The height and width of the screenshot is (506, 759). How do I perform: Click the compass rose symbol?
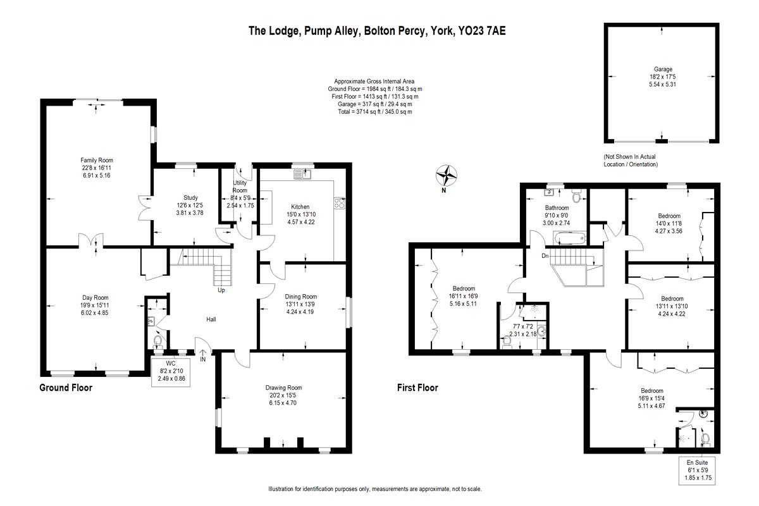click(x=447, y=176)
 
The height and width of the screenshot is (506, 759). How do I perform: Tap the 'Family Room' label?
click(x=97, y=160)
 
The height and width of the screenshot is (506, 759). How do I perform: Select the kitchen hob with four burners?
click(x=340, y=203)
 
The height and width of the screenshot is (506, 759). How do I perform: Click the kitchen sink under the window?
click(x=302, y=175)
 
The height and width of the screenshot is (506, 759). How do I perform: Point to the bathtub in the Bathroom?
click(x=570, y=238)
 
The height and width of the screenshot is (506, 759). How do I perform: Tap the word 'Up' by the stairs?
click(x=221, y=290)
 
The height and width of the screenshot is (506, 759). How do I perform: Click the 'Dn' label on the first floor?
click(x=545, y=256)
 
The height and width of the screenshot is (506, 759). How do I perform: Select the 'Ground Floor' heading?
click(x=66, y=388)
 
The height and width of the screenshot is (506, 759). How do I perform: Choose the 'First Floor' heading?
click(x=417, y=388)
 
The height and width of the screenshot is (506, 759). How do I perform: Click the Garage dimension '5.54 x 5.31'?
click(x=662, y=84)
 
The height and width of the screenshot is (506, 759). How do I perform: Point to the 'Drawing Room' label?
click(x=283, y=388)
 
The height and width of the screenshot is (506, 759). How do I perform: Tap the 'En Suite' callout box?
click(x=697, y=471)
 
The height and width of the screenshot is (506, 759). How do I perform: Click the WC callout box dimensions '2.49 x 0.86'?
click(x=171, y=379)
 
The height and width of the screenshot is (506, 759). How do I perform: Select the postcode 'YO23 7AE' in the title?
click(x=482, y=31)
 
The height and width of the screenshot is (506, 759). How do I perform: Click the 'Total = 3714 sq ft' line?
click(x=374, y=112)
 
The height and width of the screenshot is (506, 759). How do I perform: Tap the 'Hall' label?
click(x=211, y=319)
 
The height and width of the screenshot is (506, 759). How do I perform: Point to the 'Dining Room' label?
click(x=300, y=297)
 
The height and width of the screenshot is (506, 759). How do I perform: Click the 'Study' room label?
click(x=190, y=197)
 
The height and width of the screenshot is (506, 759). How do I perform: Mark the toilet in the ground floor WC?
click(x=158, y=341)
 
